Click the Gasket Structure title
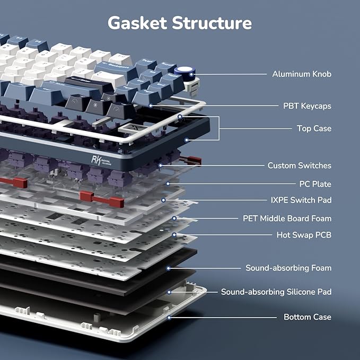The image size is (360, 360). (180, 23)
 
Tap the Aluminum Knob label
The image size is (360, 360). (302, 74)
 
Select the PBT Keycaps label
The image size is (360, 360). (307, 106)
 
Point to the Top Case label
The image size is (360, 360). (314, 128)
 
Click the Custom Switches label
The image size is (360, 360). (300, 165)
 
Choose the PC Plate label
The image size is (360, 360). (315, 184)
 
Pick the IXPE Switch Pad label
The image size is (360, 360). (301, 200)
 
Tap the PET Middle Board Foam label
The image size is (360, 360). (287, 218)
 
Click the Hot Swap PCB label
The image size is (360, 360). (304, 235)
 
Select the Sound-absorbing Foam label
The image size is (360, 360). (288, 268)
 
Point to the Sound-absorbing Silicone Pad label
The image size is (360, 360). (276, 292)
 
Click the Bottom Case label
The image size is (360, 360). (308, 317)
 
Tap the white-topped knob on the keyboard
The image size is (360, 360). (185, 72)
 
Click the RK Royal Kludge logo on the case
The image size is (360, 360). (101, 160)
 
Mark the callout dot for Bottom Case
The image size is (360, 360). (169, 318)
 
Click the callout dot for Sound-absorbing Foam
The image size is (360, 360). (168, 268)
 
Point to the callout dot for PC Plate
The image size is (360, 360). (168, 183)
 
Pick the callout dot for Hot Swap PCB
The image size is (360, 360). (174, 235)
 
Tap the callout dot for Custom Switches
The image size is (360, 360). (160, 165)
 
